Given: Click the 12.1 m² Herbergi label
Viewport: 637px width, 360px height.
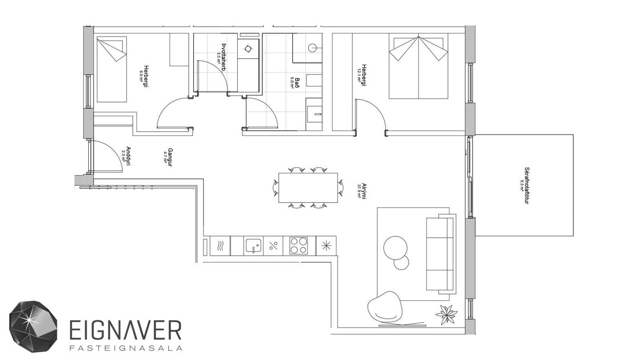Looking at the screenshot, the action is [x=362, y=75].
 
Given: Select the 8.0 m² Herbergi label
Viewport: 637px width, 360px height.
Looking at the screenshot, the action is [x=144, y=76].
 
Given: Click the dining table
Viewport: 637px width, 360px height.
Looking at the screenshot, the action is [x=308, y=188].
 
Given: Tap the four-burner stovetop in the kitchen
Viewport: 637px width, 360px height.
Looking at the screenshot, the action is [x=299, y=245].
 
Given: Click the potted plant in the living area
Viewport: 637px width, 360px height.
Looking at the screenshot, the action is [x=447, y=314].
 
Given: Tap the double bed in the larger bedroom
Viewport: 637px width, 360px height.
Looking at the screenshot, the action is [x=418, y=66].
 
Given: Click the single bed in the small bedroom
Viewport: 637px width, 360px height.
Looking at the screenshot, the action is [x=112, y=69].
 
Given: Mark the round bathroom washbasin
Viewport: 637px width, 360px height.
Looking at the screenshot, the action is [x=312, y=48].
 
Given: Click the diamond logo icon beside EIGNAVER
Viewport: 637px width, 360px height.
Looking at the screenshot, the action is [x=33, y=326].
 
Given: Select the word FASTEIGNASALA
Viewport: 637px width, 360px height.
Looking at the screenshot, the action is [x=126, y=348].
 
